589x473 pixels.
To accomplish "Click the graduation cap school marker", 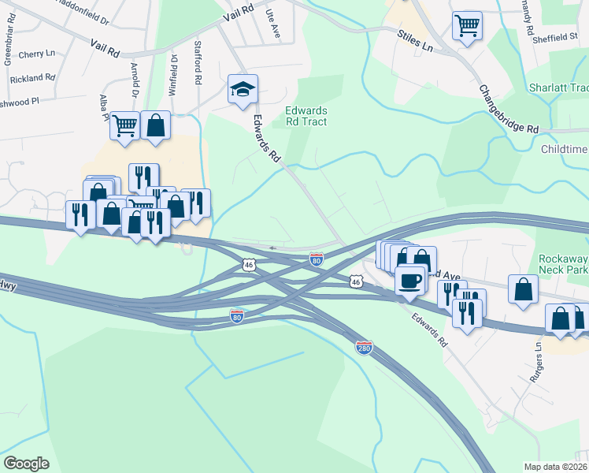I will (243, 90).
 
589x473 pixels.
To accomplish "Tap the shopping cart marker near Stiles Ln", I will (467, 26).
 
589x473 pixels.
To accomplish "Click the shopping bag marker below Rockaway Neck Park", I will (523, 289).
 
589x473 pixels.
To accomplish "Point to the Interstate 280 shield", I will (364, 348).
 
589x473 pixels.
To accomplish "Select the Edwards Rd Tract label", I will (306, 117).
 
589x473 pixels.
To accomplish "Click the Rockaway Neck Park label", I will (563, 264).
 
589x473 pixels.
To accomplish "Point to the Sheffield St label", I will (555, 37).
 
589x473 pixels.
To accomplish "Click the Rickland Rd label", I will (32, 78).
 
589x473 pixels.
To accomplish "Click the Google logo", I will (26, 463).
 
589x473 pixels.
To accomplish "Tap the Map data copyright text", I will (556, 466).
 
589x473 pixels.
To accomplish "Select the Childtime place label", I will (565, 149).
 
